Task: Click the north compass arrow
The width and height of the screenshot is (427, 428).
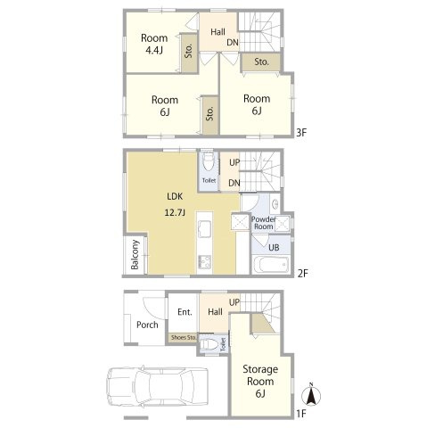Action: click(x=311, y=396)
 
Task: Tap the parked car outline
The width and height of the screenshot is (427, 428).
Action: click(x=157, y=387)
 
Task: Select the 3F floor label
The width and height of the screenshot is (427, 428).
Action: click(x=301, y=132)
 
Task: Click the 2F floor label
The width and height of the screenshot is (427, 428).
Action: click(x=302, y=273)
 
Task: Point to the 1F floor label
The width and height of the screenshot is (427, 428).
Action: click(x=301, y=414)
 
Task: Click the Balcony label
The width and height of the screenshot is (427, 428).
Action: click(x=135, y=255)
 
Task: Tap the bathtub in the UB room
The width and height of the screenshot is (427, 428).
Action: click(x=272, y=264)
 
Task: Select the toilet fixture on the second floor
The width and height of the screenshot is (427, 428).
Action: click(x=209, y=162)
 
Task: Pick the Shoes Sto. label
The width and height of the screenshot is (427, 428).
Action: click(x=184, y=337)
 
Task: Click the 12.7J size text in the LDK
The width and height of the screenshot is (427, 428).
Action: click(x=175, y=212)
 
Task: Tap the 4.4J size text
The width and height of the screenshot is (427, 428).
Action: click(x=154, y=51)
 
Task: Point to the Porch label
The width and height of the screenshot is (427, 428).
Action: click(x=147, y=325)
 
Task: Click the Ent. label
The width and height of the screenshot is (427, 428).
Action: click(x=185, y=312)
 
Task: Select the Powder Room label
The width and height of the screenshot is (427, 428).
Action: click(x=264, y=223)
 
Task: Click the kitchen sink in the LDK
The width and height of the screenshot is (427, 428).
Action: click(x=204, y=229)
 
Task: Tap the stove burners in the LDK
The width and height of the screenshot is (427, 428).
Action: click(x=204, y=262)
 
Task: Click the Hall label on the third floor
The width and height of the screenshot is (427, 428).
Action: click(x=218, y=32)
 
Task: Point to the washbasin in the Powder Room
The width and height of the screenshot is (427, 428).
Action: click(x=275, y=203)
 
